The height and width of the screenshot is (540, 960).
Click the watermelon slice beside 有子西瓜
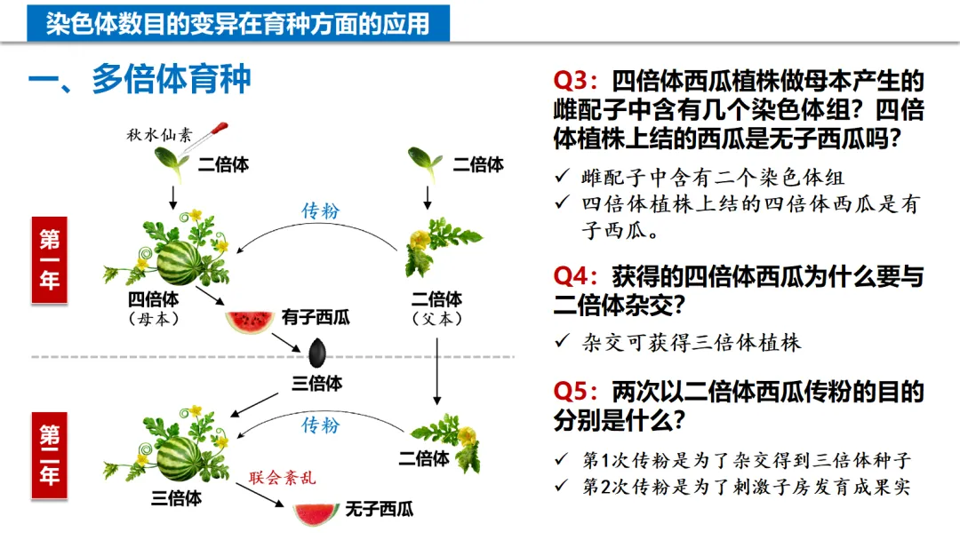249,322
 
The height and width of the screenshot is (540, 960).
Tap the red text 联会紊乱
282,479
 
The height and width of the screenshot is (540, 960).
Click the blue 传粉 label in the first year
321,211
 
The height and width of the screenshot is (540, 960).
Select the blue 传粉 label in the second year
320,425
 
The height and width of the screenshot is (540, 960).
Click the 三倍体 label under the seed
317,384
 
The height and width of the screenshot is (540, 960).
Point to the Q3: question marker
578,81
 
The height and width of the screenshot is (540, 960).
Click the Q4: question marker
578,276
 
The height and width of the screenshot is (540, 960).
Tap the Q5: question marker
578,391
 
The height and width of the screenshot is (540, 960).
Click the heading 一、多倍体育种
140,80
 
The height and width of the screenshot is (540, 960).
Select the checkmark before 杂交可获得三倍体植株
561,342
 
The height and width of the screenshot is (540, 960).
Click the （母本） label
153,319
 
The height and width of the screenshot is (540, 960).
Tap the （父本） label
436,319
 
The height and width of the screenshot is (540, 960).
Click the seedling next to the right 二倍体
424,160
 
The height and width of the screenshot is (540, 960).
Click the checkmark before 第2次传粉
561,487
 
